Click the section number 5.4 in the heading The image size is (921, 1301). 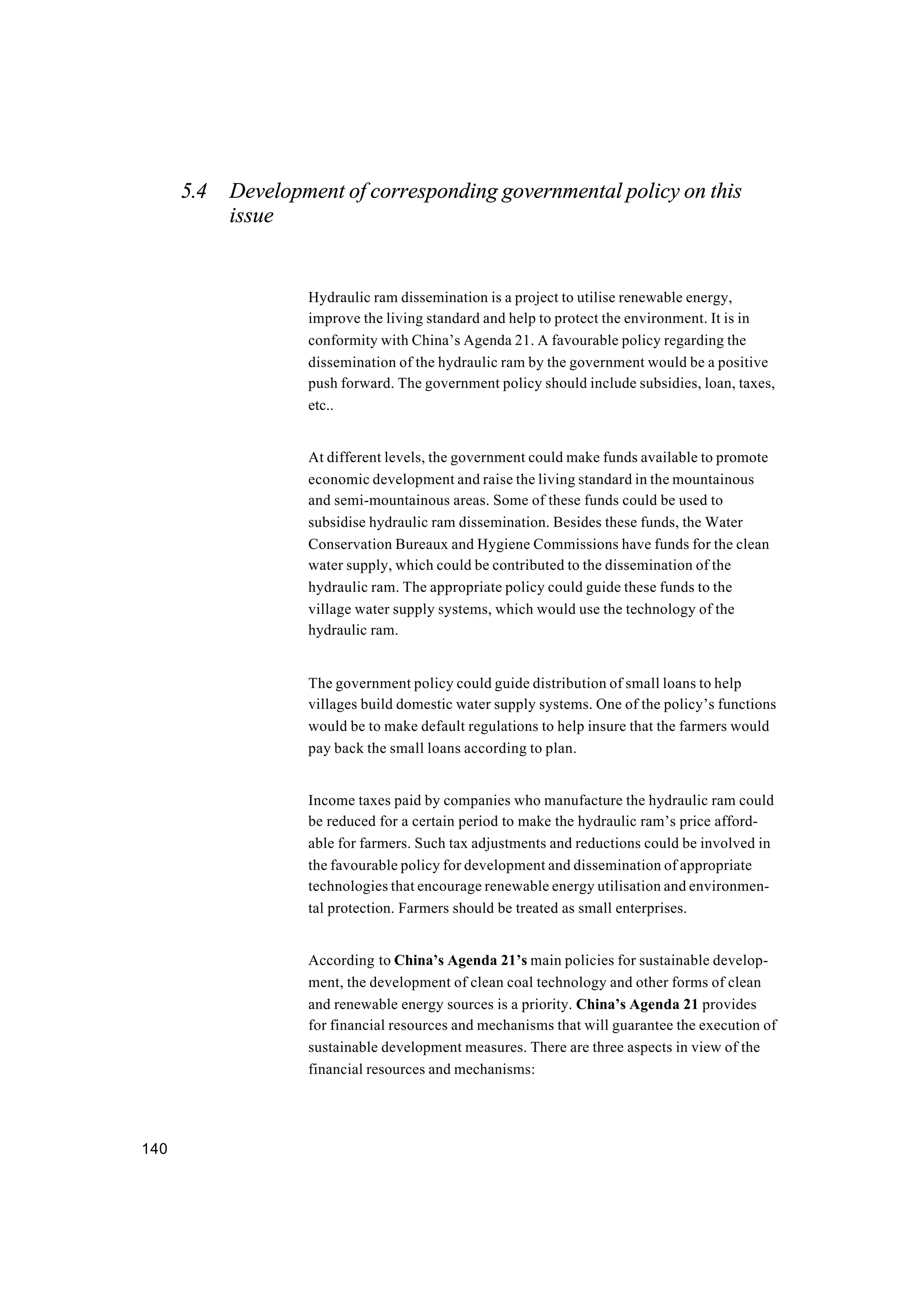pyautogui.click(x=194, y=192)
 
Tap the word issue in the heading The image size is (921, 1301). pyautogui.click(x=251, y=216)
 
